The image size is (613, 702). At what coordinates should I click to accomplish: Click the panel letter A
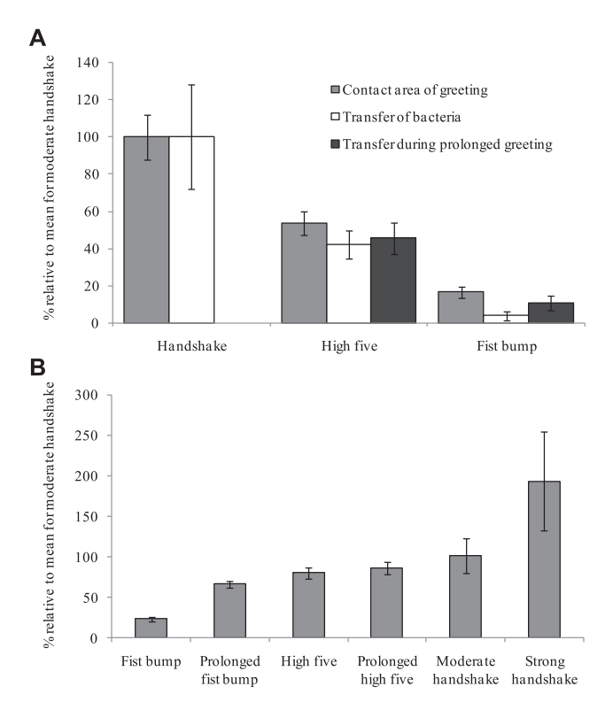(x=37, y=38)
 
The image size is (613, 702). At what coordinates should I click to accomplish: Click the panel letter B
(x=37, y=367)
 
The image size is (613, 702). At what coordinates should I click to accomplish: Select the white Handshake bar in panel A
(x=191, y=229)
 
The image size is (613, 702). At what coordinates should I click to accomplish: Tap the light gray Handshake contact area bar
(x=146, y=229)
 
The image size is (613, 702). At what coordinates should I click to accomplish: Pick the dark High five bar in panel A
(x=393, y=281)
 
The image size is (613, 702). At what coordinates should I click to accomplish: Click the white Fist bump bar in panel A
(x=506, y=319)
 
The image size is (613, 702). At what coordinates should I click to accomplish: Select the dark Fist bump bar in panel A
(x=551, y=313)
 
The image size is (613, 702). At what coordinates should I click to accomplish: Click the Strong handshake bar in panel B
(x=544, y=559)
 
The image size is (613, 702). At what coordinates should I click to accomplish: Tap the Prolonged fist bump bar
(x=230, y=611)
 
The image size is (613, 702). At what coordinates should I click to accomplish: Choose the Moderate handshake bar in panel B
(x=466, y=597)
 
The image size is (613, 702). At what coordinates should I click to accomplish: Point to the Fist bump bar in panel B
(x=151, y=629)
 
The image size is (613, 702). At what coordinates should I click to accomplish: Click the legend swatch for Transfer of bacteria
(x=335, y=117)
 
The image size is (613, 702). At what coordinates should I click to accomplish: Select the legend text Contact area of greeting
(x=415, y=90)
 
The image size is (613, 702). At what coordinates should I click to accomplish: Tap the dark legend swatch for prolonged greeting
(x=335, y=144)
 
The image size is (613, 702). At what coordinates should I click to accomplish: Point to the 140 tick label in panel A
(x=88, y=62)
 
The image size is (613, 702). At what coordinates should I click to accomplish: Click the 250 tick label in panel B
(x=87, y=436)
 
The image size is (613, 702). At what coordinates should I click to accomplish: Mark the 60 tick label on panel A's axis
(x=91, y=212)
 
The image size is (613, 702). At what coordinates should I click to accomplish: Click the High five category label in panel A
(x=350, y=346)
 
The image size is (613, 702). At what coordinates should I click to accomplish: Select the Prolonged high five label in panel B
(x=387, y=670)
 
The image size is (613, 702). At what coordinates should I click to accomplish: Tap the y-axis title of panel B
(x=49, y=515)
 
